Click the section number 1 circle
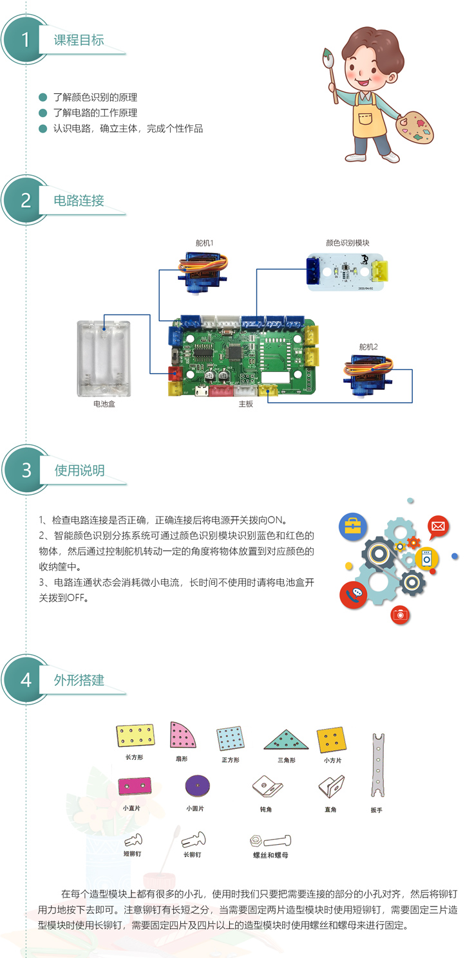pyautogui.click(x=26, y=39)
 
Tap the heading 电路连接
pyautogui.click(x=79, y=200)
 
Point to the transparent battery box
pyautogui.click(x=104, y=359)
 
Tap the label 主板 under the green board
pyautogui.click(x=246, y=404)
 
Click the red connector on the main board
pyautogui.click(x=175, y=373)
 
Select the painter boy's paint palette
pyautogui.click(x=414, y=127)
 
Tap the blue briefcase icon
pyautogui.click(x=353, y=526)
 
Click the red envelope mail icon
pyautogui.click(x=438, y=526)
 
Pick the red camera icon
pyautogui.click(x=401, y=614)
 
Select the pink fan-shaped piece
pyautogui.click(x=182, y=735)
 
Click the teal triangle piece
pyautogui.click(x=285, y=740)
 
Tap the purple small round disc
pyautogui.click(x=197, y=786)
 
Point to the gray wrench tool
pyautogui.click(x=378, y=765)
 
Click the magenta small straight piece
pyautogui.click(x=135, y=786)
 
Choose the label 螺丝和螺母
pyautogui.click(x=270, y=855)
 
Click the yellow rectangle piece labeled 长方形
pyautogui.click(x=135, y=735)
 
